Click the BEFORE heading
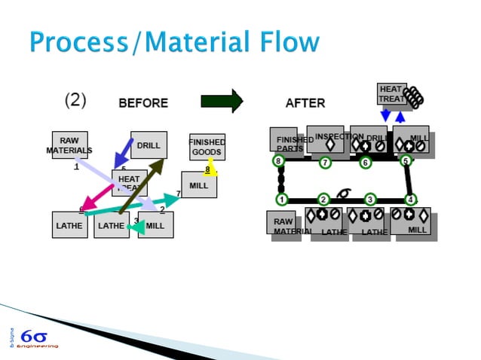pyautogui.click(x=143, y=103)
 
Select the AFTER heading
pyautogui.click(x=305, y=103)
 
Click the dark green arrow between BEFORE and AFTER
pyautogui.click(x=222, y=101)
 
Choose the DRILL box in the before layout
pyautogui.click(x=149, y=145)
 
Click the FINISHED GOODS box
pyautogui.click(x=207, y=146)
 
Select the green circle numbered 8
pyautogui.click(x=278, y=160)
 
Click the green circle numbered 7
pyautogui.click(x=325, y=162)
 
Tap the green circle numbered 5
pyautogui.click(x=406, y=160)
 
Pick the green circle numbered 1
pyautogui.click(x=281, y=200)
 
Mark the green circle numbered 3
pyautogui.click(x=370, y=199)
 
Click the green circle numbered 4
pyautogui.click(x=411, y=200)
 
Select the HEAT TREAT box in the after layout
pyautogui.click(x=392, y=94)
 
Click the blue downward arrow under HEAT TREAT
pyautogui.click(x=386, y=115)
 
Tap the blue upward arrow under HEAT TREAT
pyautogui.click(x=400, y=115)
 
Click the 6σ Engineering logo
pyautogui.click(x=34, y=337)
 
